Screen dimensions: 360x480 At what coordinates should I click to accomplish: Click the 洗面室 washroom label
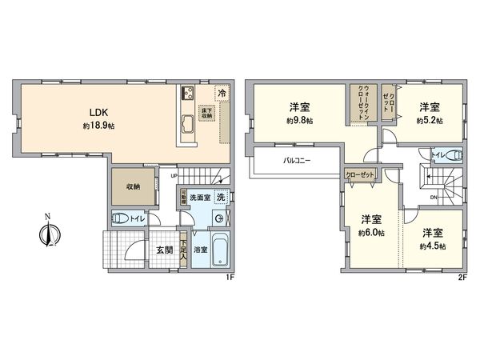pos(200,198)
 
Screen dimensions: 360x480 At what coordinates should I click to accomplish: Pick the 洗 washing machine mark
pos(221,198)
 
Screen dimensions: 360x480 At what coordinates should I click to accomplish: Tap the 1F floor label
pos(229,278)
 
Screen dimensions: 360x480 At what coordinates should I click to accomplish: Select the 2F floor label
pos(462,278)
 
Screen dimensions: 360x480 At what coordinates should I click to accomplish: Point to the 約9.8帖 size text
pos(300,122)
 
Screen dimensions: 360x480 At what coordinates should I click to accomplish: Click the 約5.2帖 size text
pos(429,122)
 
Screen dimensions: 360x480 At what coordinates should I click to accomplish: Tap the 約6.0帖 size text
pos(371,233)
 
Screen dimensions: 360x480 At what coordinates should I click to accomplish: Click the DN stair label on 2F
pos(433,197)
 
